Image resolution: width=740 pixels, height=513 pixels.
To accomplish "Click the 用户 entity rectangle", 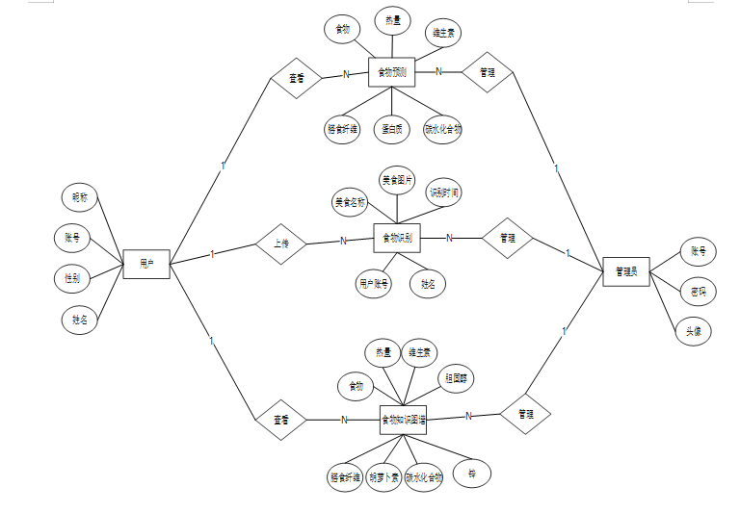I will pyautogui.click(x=146, y=263).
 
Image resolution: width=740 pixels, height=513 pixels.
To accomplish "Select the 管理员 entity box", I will pyautogui.click(x=625, y=271).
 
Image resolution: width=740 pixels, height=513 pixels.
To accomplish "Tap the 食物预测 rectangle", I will pyautogui.click(x=391, y=71).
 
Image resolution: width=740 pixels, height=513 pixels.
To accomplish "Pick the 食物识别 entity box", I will pyautogui.click(x=397, y=237).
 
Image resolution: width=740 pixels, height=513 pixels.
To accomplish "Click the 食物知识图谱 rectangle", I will pyautogui.click(x=404, y=420).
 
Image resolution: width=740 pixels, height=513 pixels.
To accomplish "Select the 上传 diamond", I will pyautogui.click(x=281, y=244).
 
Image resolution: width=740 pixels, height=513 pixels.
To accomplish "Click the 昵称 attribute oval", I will pyautogui.click(x=80, y=198).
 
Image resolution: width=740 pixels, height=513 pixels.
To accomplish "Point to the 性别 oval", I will pyautogui.click(x=72, y=278).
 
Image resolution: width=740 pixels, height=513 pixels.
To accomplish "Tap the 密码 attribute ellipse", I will pyautogui.click(x=698, y=291).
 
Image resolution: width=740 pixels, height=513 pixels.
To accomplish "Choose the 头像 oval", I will pyautogui.click(x=693, y=330).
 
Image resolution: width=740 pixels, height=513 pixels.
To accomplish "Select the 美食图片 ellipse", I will pyautogui.click(x=397, y=180).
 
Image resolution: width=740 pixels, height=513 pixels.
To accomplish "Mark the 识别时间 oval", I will pyautogui.click(x=444, y=193).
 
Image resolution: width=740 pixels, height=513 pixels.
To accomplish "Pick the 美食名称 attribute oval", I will pyautogui.click(x=351, y=202).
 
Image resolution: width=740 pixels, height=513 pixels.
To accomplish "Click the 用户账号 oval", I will pyautogui.click(x=374, y=284).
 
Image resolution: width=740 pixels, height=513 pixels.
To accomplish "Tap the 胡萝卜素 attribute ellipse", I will pyautogui.click(x=383, y=477).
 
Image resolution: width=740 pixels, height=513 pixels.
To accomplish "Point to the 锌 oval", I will pyautogui.click(x=472, y=474).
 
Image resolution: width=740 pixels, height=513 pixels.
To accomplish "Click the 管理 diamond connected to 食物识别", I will pyautogui.click(x=507, y=238).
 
